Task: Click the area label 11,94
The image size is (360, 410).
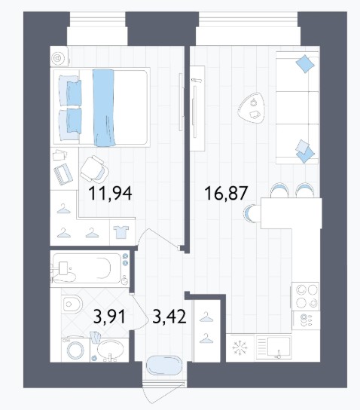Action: coord(110,194)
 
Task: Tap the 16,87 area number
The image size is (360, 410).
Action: coord(226,193)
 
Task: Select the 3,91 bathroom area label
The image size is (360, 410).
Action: coord(110,317)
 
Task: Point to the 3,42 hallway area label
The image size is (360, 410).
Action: coord(169,317)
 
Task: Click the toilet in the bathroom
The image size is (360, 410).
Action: coord(72,304)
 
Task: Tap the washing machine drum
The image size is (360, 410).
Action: coord(75,350)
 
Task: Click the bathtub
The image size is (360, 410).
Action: coord(90,269)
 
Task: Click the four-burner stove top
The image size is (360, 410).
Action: coord(306,296)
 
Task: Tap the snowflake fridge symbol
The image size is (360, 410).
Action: coord(239,348)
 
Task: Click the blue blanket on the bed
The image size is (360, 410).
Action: coord(104,108)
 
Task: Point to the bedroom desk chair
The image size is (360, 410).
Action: coord(94,169)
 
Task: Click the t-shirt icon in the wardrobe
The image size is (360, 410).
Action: coord(121,232)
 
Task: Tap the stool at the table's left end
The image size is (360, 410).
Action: coord(249,213)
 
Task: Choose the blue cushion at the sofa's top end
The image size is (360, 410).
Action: coord(305,64)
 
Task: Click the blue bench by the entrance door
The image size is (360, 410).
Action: coord(164,366)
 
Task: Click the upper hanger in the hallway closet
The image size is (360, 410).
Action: coord(206,317)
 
